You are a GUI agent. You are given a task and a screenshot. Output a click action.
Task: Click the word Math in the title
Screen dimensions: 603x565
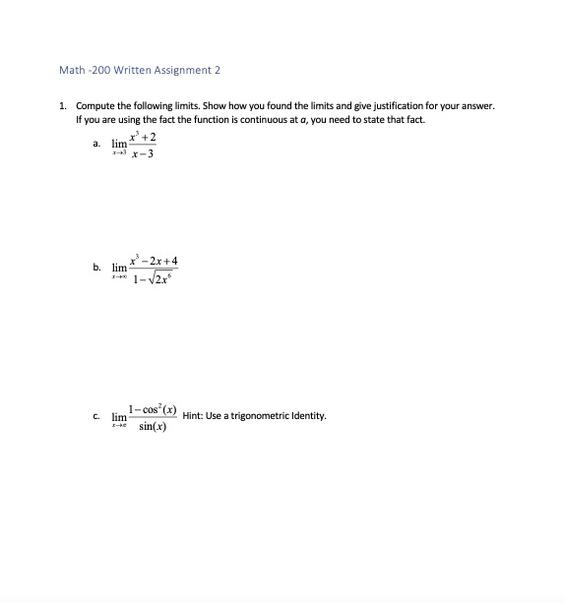(x=72, y=70)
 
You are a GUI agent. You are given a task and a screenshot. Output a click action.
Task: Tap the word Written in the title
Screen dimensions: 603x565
(x=122, y=70)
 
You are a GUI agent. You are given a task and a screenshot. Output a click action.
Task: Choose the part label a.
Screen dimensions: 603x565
(x=95, y=145)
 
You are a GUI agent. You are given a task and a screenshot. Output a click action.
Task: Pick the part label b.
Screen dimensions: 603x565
(x=95, y=267)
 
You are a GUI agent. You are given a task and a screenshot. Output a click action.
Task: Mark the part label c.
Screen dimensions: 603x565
(x=95, y=416)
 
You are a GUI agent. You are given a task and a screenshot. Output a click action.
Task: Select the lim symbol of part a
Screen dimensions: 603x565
(x=119, y=144)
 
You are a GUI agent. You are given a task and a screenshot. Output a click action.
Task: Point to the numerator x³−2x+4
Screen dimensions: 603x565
(x=157, y=261)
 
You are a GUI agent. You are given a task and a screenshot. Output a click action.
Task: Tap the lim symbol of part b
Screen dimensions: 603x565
(x=119, y=268)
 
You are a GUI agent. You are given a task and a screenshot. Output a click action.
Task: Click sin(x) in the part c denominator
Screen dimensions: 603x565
(x=154, y=426)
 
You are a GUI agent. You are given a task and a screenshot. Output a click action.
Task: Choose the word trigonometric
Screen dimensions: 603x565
(x=265, y=416)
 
